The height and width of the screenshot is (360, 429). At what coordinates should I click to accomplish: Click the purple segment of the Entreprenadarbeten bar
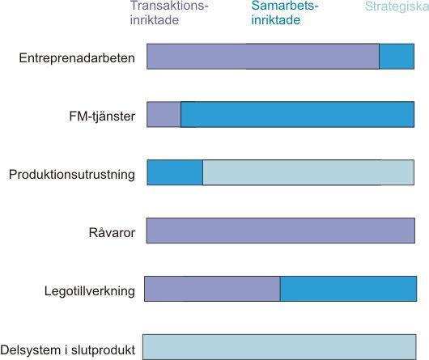tap(263, 57)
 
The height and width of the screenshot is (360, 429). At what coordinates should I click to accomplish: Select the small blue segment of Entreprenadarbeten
tap(397, 57)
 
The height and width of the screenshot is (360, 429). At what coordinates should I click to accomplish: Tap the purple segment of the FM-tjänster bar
tap(164, 114)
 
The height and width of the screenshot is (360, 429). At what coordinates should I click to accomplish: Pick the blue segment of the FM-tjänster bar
tap(297, 114)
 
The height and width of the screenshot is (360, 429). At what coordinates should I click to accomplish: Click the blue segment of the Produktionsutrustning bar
tap(175, 172)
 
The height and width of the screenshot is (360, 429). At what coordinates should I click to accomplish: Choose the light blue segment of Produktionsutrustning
tap(308, 172)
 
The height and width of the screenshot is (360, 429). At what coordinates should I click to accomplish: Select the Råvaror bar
tap(281, 231)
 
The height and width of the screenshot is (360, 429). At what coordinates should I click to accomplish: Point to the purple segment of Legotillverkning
tap(212, 289)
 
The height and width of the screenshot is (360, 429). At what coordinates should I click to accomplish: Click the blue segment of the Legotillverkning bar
tap(348, 289)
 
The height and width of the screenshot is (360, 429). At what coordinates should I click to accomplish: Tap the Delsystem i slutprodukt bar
tap(279, 347)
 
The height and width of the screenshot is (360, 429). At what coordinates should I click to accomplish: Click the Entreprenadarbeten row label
tap(77, 58)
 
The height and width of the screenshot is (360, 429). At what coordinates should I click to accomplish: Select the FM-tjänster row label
tap(102, 116)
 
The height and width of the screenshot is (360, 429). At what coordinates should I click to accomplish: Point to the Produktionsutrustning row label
tap(72, 175)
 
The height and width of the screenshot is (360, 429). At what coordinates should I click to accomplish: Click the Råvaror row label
tap(112, 232)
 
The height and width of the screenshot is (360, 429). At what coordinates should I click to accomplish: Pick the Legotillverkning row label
tap(90, 291)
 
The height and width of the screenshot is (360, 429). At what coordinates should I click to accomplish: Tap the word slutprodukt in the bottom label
tap(103, 350)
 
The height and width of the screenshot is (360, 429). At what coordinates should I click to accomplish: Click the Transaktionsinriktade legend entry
tap(169, 13)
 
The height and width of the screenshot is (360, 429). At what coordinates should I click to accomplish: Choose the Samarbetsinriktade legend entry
tap(285, 13)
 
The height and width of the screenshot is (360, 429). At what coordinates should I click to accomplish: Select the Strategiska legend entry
tap(397, 6)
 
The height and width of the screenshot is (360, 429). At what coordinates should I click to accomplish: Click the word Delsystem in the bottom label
tap(31, 349)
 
